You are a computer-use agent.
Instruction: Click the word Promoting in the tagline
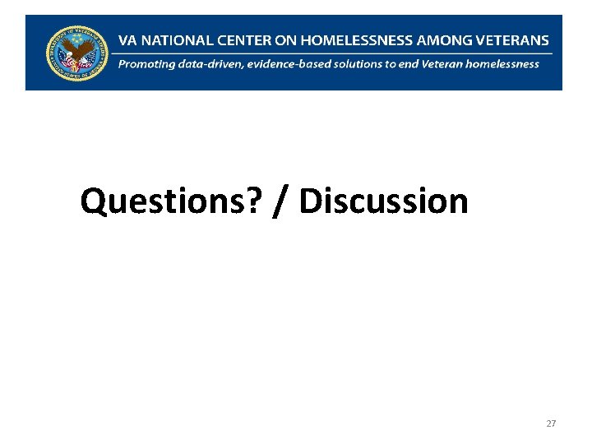pos(146,64)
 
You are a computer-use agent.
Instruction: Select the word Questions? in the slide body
pos(173,201)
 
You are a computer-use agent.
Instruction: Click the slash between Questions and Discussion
pos(282,201)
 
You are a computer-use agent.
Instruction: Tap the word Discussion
pos(383,201)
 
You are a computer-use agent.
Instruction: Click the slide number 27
pos(551,423)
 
